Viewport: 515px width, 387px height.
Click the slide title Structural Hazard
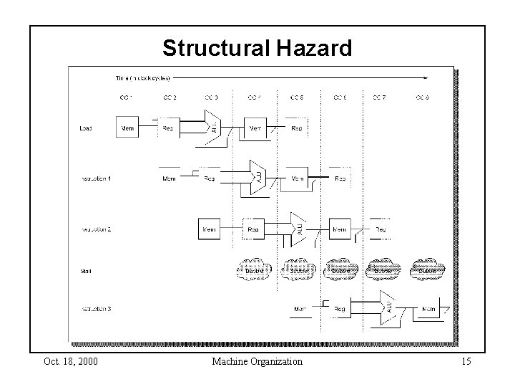[257, 48]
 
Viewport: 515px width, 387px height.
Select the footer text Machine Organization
[257, 362]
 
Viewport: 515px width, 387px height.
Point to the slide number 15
[466, 362]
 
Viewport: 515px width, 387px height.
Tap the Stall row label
[84, 272]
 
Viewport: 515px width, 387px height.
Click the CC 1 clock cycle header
[125, 97]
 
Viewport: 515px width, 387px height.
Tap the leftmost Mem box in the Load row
[127, 128]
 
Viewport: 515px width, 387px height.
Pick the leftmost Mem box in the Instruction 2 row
[210, 229]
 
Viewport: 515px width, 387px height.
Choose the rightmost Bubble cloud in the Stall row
[426, 271]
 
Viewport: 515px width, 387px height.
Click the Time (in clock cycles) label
[143, 77]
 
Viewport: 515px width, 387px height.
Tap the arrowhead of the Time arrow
[427, 77]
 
